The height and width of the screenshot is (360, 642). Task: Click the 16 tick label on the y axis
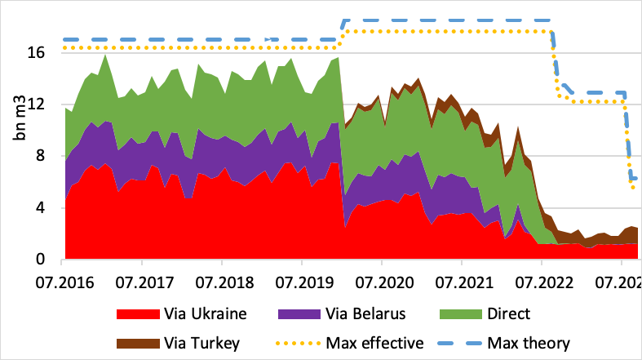pyautogui.click(x=45, y=52)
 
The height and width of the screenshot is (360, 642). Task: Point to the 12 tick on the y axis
pyautogui.click(x=45, y=104)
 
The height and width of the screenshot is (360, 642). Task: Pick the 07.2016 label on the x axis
pyautogui.click(x=61, y=282)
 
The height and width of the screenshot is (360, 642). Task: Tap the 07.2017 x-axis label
pyautogui.click(x=141, y=282)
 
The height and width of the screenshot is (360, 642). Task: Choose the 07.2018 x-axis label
pyautogui.click(x=221, y=282)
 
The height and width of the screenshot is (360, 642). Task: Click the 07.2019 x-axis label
pyautogui.click(x=301, y=282)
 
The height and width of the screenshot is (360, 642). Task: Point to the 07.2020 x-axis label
pyautogui.click(x=381, y=282)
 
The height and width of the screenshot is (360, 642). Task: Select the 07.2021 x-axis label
pyautogui.click(x=461, y=282)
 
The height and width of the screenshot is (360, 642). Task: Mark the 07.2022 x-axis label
pyautogui.click(x=541, y=282)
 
